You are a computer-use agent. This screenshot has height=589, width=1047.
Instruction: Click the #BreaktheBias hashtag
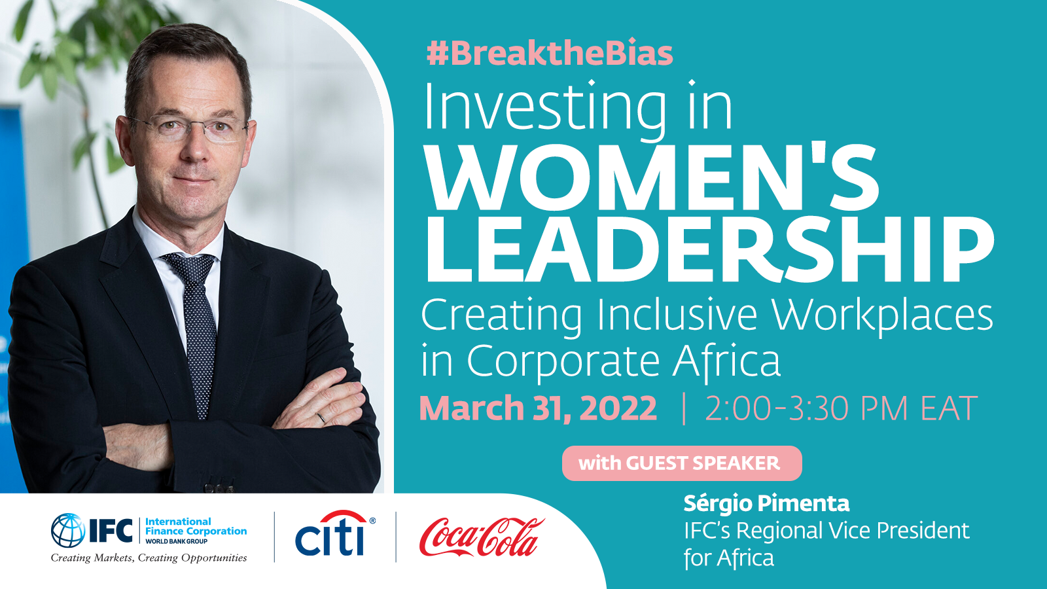pyautogui.click(x=550, y=54)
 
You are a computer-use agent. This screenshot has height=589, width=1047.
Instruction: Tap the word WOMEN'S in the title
pyautogui.click(x=652, y=177)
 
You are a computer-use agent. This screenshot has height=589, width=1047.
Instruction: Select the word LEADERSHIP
pyautogui.click(x=709, y=249)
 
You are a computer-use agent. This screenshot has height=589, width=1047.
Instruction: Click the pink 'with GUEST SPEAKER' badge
pyautogui.click(x=682, y=463)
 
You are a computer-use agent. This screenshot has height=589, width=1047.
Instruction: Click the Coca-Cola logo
pyautogui.click(x=482, y=537)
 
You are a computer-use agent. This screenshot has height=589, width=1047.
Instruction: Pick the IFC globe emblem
pyautogui.click(x=68, y=531)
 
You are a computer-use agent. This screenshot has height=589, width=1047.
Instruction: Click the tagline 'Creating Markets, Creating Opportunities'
pyautogui.click(x=149, y=558)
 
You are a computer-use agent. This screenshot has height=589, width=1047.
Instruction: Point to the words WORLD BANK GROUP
pyautogui.click(x=177, y=541)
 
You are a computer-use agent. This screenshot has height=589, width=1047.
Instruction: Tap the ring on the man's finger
pyautogui.click(x=321, y=418)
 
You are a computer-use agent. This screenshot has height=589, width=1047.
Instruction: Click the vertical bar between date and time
pyautogui.click(x=684, y=408)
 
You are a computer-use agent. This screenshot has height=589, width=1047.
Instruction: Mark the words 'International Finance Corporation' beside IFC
pyautogui.click(x=196, y=526)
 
